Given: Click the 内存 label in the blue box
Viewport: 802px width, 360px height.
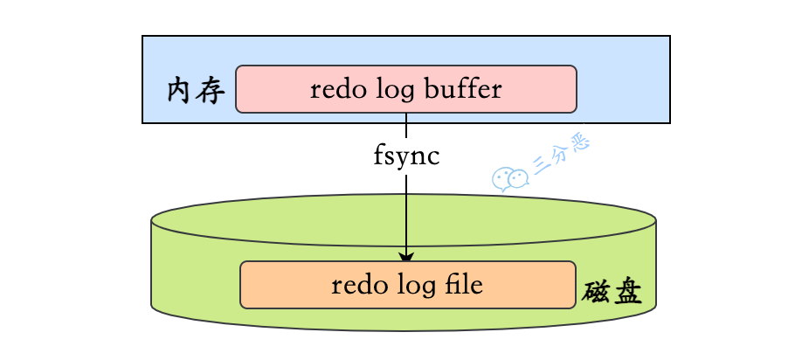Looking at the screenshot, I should [x=197, y=90].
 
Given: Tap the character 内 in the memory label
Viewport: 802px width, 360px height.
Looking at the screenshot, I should [x=181, y=90].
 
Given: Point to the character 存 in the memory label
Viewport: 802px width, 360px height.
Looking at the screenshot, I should [x=212, y=90].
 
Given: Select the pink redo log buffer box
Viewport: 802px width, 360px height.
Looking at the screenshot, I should [x=406, y=88].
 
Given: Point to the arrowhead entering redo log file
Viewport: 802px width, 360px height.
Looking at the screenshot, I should [x=406, y=256].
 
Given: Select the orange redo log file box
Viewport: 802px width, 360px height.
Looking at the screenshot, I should [x=408, y=285].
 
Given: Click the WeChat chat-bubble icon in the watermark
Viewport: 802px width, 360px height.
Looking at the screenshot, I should [x=509, y=179].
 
